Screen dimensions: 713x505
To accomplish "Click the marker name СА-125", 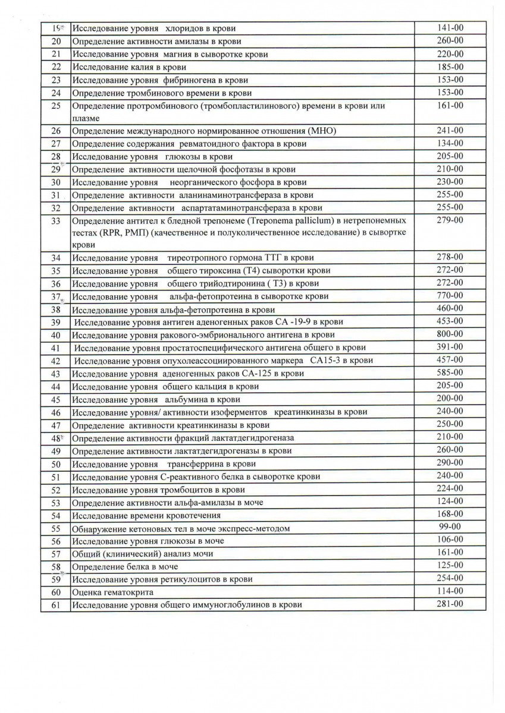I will click(258, 374).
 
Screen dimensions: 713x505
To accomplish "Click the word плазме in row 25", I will click(86, 119).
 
